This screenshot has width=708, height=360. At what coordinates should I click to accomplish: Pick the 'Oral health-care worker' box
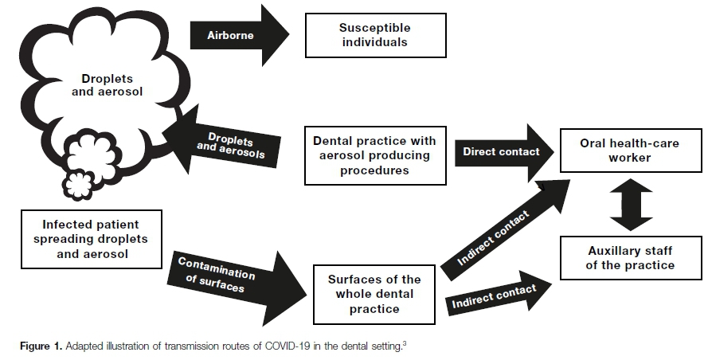point(626,151)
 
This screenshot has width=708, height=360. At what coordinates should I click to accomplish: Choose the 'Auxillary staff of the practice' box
point(630,258)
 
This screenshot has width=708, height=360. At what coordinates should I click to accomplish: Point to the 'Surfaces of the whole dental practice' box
point(374,294)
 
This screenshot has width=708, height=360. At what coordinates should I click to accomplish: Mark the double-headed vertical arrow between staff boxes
point(630,204)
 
